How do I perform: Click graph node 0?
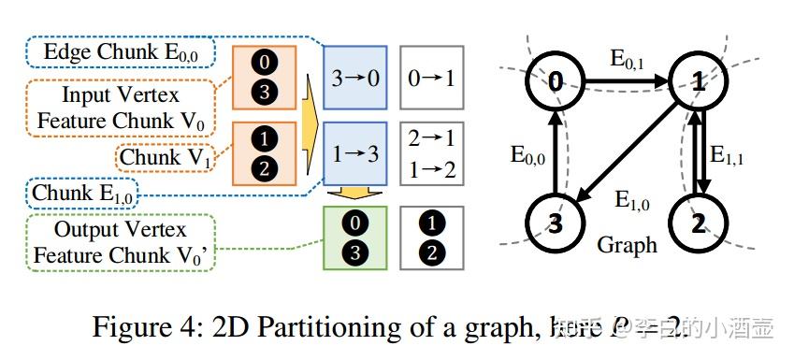[556, 82]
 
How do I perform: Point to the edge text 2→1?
[430, 139]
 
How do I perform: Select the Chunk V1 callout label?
[163, 158]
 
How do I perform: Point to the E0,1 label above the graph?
[626, 60]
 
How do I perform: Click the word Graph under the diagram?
[626, 245]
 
